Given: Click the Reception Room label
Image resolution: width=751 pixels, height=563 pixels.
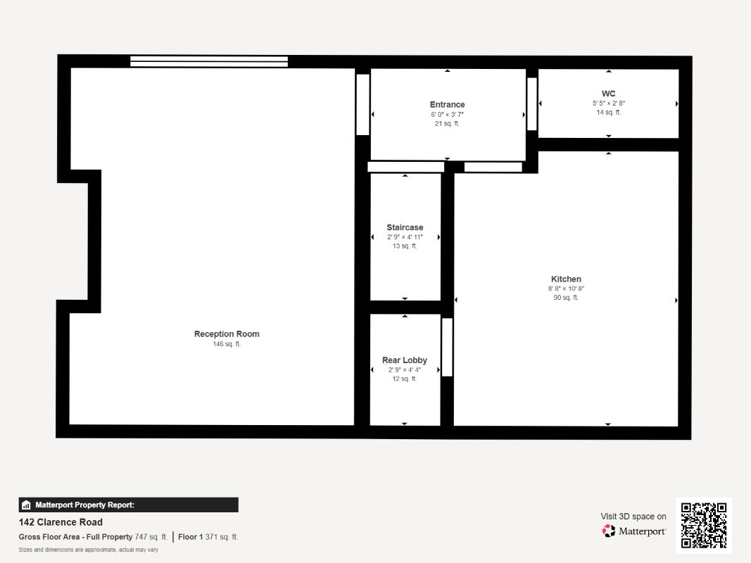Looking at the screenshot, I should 227,334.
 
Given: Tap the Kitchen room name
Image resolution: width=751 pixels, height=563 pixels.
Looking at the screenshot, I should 566,279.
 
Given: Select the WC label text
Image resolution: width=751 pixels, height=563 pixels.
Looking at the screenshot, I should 608,94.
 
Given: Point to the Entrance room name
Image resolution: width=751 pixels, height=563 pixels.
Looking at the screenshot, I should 447,105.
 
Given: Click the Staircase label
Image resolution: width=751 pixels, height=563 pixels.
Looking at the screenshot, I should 405,227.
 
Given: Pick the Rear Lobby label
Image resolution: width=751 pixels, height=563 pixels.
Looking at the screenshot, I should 405,360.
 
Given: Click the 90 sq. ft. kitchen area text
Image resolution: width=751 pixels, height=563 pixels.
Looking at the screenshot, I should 566,298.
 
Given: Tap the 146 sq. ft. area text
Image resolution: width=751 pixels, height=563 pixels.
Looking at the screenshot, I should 227,344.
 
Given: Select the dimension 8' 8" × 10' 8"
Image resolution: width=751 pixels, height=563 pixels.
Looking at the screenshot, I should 566,289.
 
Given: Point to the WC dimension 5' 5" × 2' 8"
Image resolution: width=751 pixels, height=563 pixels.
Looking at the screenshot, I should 608,103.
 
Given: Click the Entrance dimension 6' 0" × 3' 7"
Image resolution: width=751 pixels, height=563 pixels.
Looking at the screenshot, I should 447,114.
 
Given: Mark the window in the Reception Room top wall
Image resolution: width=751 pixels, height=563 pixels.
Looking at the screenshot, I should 209,61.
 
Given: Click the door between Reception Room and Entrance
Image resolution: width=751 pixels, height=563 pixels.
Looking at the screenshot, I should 362,104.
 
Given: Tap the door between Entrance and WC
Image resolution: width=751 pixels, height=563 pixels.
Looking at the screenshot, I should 532,103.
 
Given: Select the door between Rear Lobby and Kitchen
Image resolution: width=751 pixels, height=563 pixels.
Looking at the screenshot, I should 447,347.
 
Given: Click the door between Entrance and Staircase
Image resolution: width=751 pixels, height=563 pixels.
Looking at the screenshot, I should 405,167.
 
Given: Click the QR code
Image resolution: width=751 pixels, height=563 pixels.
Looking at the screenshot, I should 704,525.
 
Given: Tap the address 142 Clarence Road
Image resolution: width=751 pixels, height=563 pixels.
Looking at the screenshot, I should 61,522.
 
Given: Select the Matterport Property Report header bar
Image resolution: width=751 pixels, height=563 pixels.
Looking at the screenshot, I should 128,505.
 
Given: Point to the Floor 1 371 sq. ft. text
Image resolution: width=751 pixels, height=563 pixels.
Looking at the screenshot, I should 208,537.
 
